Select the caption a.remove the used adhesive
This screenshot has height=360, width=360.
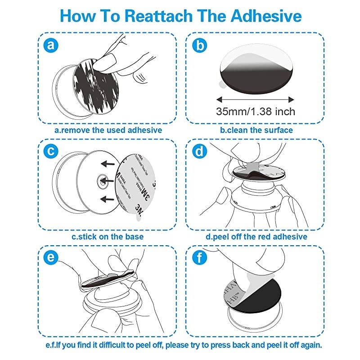[x=108, y=130]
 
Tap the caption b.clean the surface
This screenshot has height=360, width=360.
[x=256, y=130]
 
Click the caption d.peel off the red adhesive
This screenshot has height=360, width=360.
[x=256, y=237]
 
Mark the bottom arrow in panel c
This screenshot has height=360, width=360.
[x=106, y=198]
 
